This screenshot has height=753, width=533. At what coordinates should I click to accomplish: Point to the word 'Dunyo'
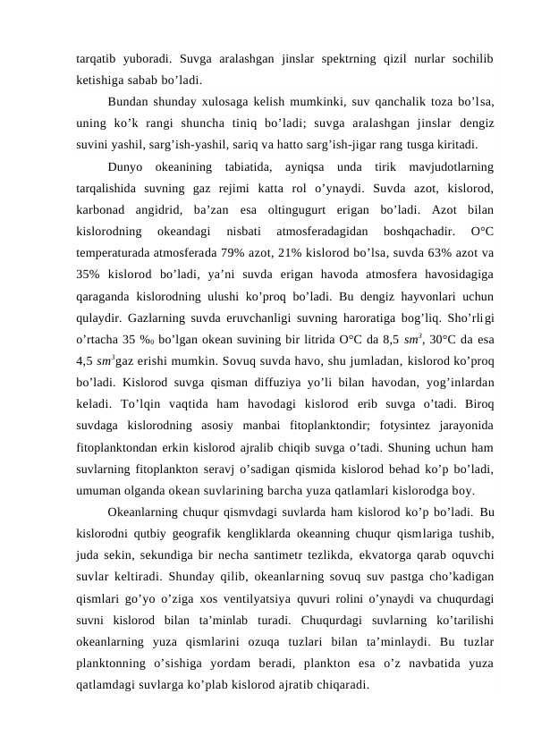pos(127,166)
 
